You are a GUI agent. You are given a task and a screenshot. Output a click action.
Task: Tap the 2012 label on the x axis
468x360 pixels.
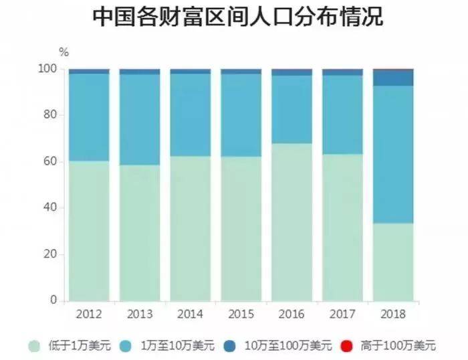[89, 314]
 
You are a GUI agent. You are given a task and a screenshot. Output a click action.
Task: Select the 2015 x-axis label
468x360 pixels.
[241, 314]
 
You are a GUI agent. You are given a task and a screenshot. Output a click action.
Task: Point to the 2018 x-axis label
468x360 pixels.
[393, 314]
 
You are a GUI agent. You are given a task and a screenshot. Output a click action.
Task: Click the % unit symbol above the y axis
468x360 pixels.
[64, 52]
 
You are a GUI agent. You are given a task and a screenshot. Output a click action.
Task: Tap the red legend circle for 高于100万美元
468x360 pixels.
[346, 346]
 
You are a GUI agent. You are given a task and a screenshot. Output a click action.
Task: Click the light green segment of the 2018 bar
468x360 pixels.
[393, 262]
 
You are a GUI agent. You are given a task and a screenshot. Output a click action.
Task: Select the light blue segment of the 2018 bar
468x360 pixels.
[393, 154]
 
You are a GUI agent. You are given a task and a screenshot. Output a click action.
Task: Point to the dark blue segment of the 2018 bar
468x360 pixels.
[393, 78]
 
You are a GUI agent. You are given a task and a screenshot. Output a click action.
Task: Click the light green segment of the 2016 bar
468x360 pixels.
[291, 221]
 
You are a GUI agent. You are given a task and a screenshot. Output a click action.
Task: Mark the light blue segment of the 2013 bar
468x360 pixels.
[140, 119]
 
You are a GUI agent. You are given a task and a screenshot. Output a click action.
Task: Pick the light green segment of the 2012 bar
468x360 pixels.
[89, 231]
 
